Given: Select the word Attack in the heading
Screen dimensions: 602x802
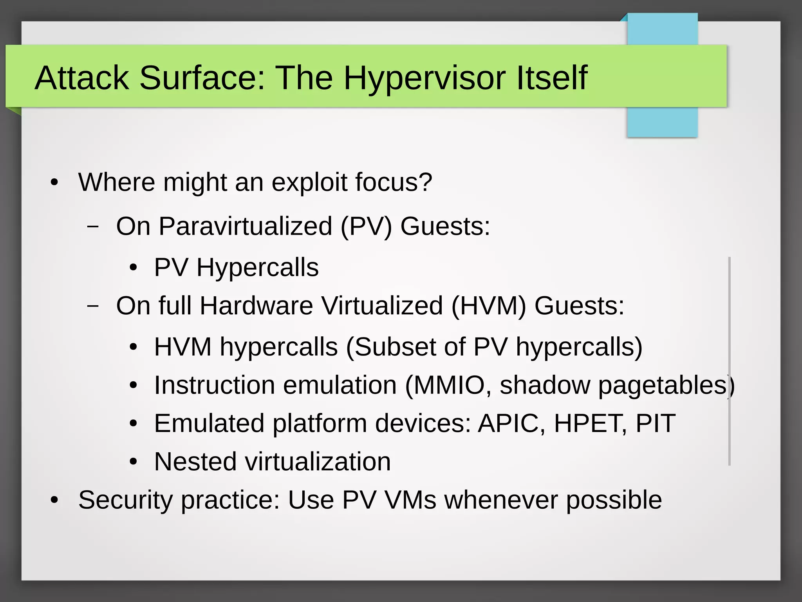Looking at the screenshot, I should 82,78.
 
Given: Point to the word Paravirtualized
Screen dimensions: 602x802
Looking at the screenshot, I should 245,227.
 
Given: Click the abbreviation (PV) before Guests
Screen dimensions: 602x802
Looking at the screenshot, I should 366,227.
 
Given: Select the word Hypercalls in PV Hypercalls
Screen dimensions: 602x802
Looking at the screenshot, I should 257,267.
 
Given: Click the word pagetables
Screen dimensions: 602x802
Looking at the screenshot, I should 663,385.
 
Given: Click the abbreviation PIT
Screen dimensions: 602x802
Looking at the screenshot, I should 655,423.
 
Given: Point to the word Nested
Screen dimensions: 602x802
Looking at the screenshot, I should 195,461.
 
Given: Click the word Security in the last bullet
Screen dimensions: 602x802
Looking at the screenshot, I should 125,500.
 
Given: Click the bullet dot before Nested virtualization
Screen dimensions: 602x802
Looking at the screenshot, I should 134,462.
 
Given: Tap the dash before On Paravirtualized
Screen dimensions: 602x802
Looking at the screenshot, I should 93,227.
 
